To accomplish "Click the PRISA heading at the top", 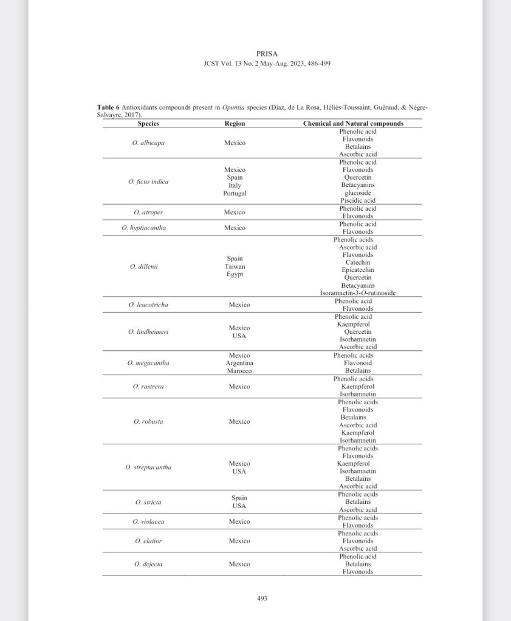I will [x=267, y=53].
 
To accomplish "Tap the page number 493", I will [x=262, y=598].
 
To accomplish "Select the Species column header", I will [x=148, y=124].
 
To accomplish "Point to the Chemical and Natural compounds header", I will [x=353, y=124].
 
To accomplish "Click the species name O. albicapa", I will [x=148, y=143].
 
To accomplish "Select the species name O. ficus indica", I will [x=148, y=182].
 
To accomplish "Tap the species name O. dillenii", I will [x=144, y=266].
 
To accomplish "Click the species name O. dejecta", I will [x=148, y=564].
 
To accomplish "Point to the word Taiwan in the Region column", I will [x=235, y=266].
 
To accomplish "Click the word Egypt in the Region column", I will [x=235, y=274].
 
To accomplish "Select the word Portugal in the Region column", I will [x=235, y=193].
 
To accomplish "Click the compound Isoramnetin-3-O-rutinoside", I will [x=358, y=293].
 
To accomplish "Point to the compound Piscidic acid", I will [x=358, y=201].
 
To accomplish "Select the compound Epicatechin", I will [x=358, y=270].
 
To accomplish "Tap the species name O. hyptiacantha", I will [x=144, y=228].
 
